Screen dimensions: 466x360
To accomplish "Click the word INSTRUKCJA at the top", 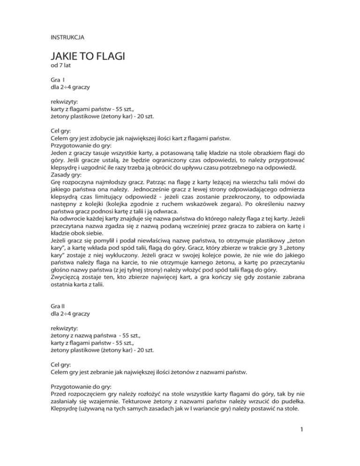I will tap(67, 36).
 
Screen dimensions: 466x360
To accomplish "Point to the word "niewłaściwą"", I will tap(162, 240).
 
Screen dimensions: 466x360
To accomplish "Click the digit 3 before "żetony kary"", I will tap(279, 248).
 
